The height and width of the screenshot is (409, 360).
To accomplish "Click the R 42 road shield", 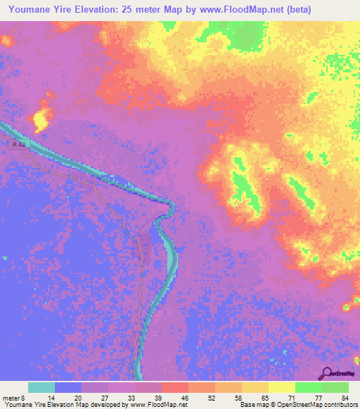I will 19,144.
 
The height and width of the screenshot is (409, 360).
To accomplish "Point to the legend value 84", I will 345,397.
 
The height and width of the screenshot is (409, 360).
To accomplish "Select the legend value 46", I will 185,397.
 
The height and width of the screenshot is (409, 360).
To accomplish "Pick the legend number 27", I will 105,397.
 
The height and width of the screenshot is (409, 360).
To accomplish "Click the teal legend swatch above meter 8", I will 41,387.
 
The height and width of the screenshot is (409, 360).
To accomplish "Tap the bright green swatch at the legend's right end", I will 335,387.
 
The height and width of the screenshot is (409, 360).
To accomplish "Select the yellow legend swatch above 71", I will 282,387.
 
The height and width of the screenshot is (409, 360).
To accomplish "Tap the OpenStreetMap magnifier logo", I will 327,373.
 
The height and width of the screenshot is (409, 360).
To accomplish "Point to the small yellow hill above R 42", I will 41,117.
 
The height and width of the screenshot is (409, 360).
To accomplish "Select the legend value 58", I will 239,397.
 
